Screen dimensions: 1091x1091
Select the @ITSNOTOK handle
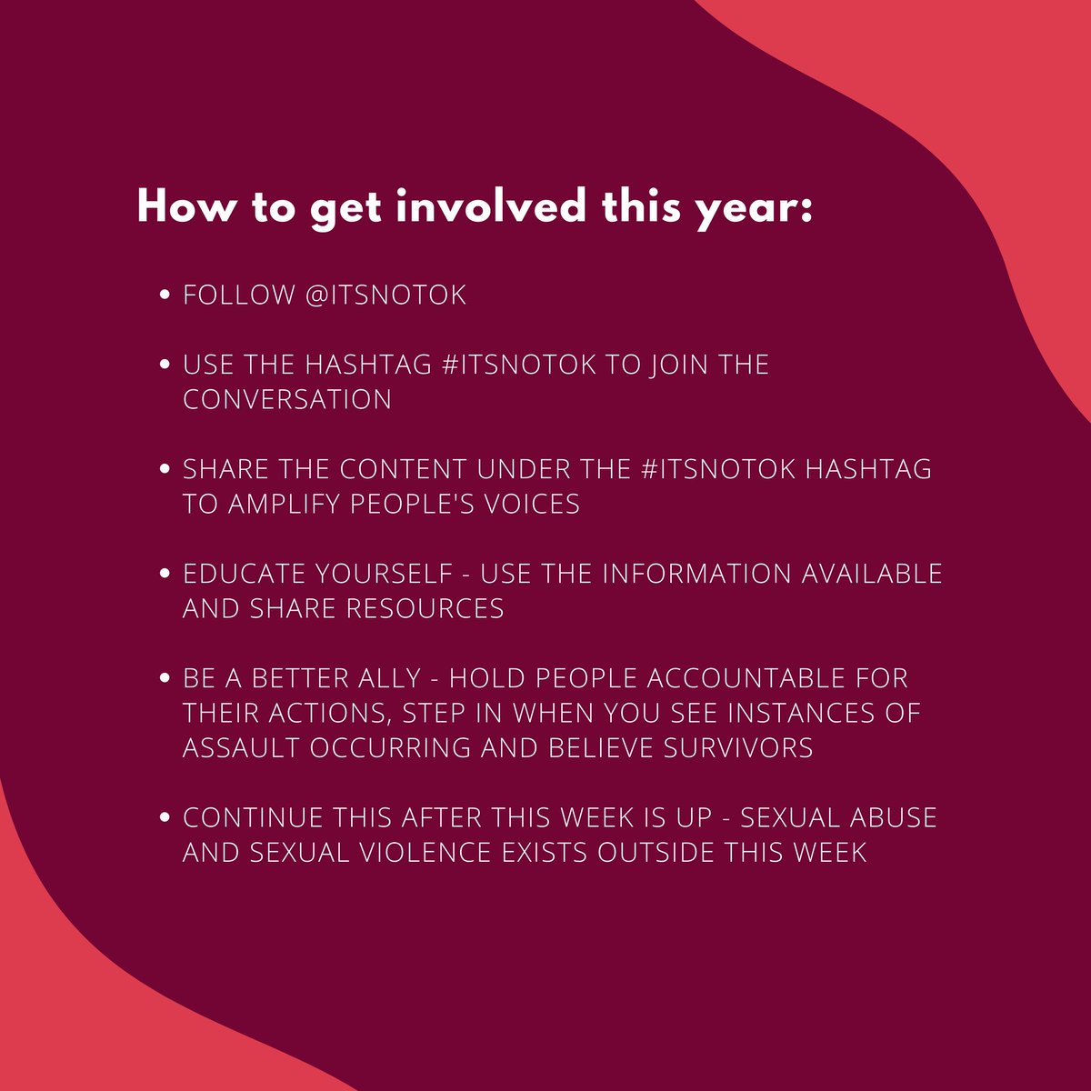tap(386, 295)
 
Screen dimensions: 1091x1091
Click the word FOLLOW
tap(238, 295)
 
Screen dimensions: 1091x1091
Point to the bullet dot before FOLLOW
tap(165, 295)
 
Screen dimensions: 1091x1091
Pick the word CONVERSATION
tap(287, 399)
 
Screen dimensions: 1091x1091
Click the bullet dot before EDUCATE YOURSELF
tap(165, 574)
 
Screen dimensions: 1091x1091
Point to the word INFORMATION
tap(696, 574)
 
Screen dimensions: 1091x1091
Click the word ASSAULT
tap(241, 747)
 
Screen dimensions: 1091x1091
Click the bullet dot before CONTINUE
tap(165, 817)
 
